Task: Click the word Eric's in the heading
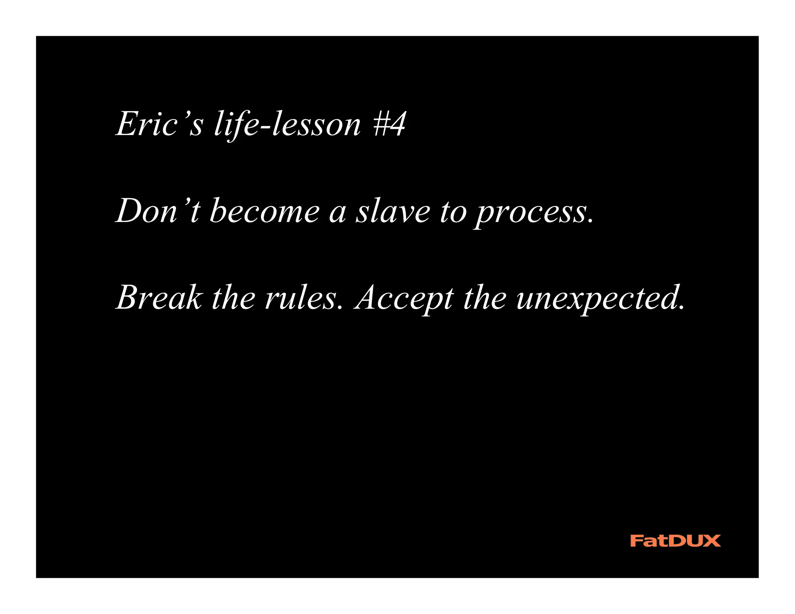click(x=159, y=124)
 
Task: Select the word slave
click(x=393, y=211)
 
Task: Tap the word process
click(x=530, y=213)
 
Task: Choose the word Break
click(x=159, y=298)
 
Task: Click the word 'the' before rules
click(x=233, y=298)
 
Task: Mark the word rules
click(x=302, y=298)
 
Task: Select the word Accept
click(x=404, y=299)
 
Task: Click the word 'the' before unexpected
click(x=485, y=298)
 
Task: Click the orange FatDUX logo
click(x=675, y=541)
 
